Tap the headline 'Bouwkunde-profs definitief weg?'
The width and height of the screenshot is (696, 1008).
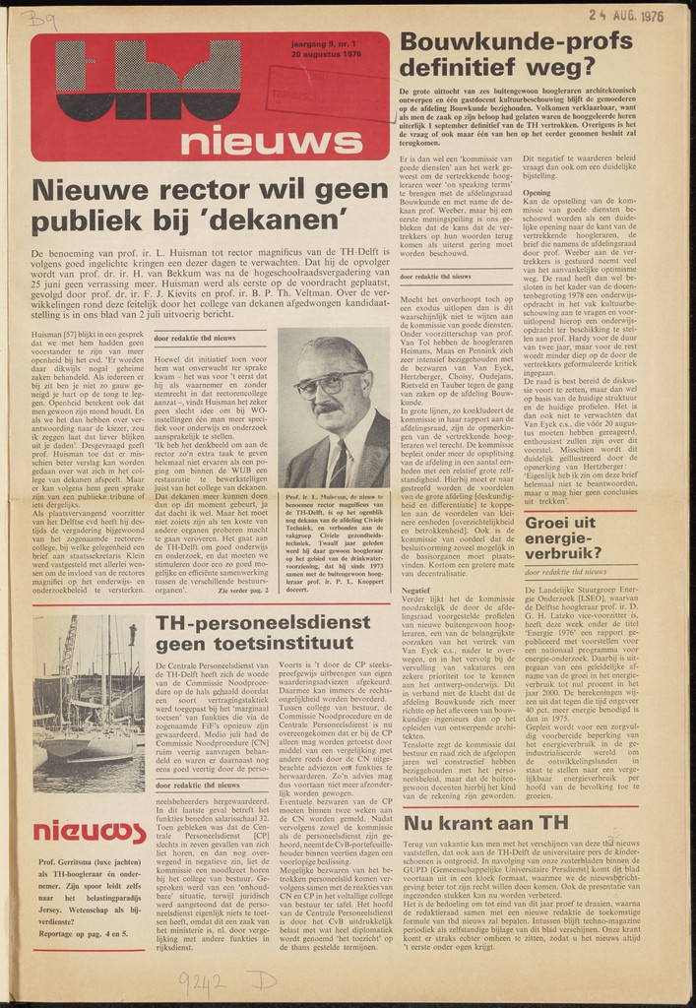515,53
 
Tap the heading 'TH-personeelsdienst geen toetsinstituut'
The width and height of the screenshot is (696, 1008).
255,633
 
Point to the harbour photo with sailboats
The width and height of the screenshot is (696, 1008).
90,703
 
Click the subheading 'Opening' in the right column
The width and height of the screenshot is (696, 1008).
538,192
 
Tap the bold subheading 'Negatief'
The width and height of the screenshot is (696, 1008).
414,591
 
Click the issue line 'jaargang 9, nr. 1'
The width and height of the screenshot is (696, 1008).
326,43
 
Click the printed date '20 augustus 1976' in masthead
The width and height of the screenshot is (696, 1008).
326,54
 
